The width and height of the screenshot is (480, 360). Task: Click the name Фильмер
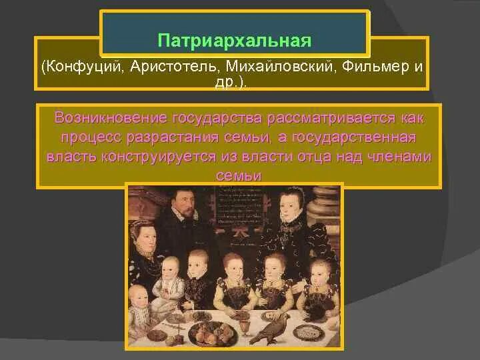(364, 67)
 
